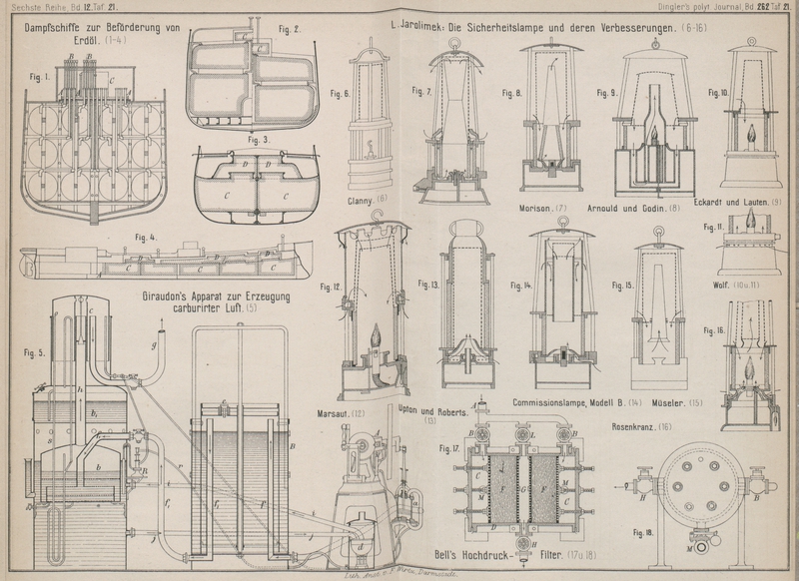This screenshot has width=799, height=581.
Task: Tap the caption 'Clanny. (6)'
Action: click(367, 199)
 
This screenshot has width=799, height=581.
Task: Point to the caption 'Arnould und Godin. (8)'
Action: click(633, 209)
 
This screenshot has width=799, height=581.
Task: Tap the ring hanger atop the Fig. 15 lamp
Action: click(657, 236)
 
